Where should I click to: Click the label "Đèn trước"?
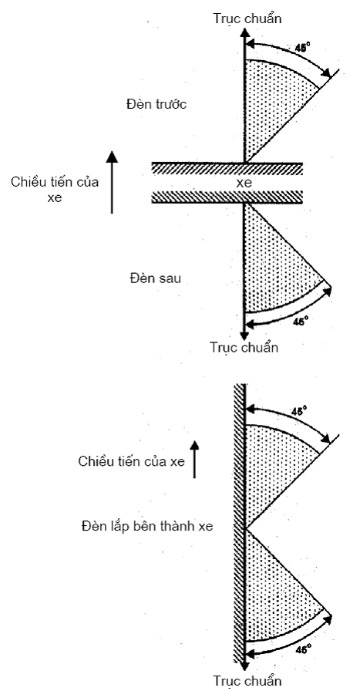pos(156,104)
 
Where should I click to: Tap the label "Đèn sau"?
pos(156,278)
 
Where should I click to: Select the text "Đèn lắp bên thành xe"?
pos(147,526)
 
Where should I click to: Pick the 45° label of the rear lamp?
pos(300,321)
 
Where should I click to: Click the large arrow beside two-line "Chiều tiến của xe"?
pos(112,182)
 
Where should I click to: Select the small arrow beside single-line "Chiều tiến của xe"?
pos(194,460)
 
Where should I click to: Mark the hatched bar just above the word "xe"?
pos(227,168)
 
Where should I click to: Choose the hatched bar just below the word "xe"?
pos(227,197)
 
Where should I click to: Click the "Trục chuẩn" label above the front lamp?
pos(247,18)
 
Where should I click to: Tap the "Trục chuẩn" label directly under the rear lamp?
pos(244,347)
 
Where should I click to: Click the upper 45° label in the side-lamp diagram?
pos(299,411)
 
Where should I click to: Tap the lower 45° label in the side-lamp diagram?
pos(303,649)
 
